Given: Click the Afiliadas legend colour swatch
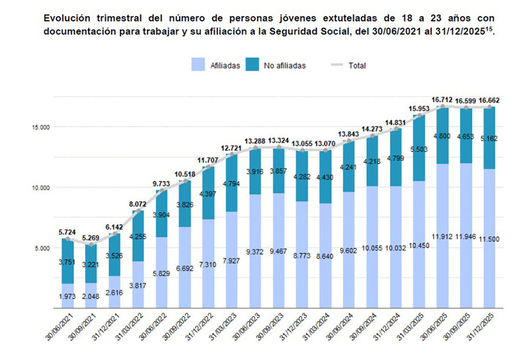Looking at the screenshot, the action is (x=198, y=65).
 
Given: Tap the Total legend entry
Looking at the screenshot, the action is (x=348, y=65).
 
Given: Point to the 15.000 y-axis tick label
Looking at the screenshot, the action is (x=41, y=127).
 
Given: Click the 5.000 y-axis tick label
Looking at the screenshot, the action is (x=42, y=248).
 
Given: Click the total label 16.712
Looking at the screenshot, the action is (x=442, y=100).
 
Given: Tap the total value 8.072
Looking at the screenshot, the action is (x=138, y=204).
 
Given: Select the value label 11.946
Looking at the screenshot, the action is (x=465, y=236).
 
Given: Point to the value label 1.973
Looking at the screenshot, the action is (x=67, y=297).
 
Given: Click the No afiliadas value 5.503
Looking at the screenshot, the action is (x=419, y=150).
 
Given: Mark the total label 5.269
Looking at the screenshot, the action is (x=90, y=238).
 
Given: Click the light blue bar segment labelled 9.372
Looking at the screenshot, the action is (x=255, y=252).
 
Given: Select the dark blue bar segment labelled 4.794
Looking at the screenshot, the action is (x=231, y=183).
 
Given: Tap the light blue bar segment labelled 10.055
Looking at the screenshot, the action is (x=372, y=248).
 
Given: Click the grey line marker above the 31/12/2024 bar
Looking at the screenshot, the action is (x=396, y=128).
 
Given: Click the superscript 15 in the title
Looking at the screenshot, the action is (x=489, y=29).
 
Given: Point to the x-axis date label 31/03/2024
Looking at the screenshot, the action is (x=319, y=326).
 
